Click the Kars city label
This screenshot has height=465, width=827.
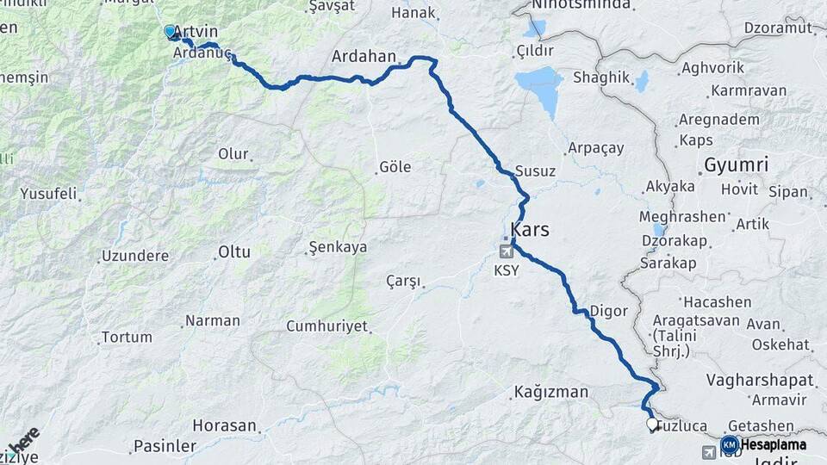(x=530, y=230)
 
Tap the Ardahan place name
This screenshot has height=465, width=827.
(x=364, y=58)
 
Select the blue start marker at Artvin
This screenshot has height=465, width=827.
(x=170, y=32)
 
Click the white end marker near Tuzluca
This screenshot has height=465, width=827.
(x=652, y=424)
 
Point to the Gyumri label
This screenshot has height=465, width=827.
(x=736, y=164)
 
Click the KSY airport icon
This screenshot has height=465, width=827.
(x=506, y=251)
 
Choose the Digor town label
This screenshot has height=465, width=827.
(x=608, y=311)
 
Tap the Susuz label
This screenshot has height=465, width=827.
(x=535, y=171)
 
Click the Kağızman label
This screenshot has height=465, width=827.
(x=550, y=393)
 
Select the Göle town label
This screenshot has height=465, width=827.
(x=395, y=167)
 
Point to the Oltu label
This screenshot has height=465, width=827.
(x=233, y=252)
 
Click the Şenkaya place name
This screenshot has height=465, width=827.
(x=338, y=248)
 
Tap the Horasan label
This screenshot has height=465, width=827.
(x=224, y=425)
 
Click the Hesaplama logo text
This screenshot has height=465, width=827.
(x=774, y=445)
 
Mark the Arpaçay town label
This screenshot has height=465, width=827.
(x=595, y=148)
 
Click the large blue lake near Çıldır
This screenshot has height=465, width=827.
(x=541, y=89)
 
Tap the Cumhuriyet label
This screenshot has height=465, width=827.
(x=326, y=327)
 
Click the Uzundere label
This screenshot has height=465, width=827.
(x=136, y=256)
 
